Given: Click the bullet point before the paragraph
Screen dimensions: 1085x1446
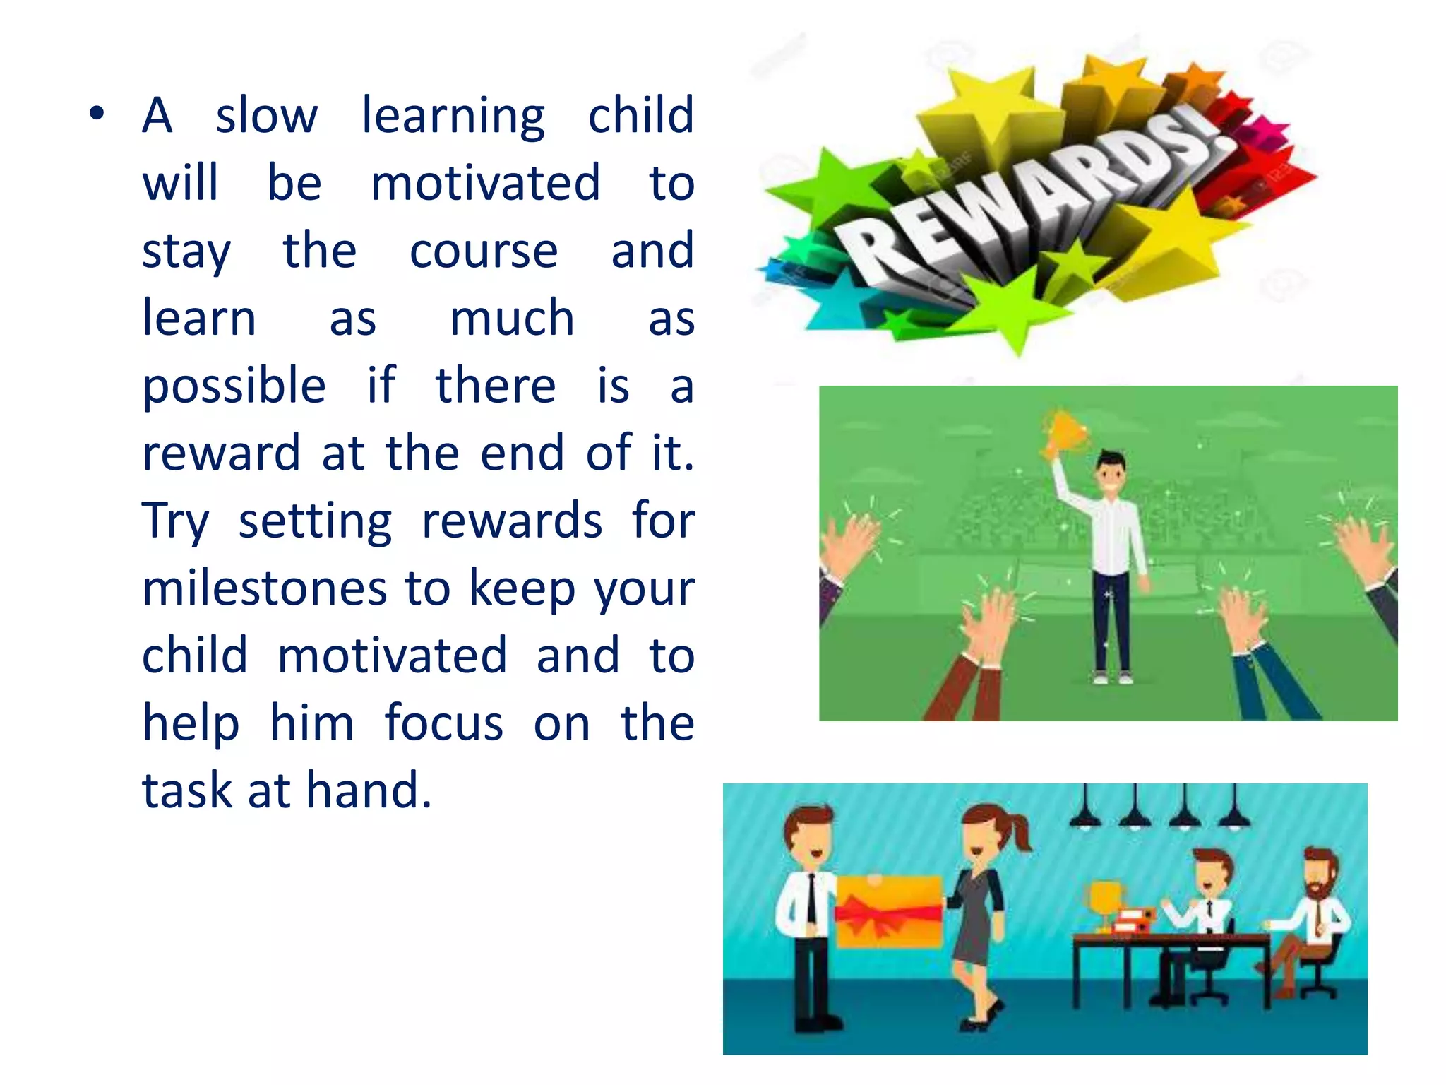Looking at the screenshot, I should [x=97, y=115].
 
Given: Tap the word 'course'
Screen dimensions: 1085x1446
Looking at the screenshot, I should [x=484, y=251].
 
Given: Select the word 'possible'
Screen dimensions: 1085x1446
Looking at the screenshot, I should [x=234, y=387].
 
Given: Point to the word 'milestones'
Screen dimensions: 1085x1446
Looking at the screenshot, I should [x=265, y=589].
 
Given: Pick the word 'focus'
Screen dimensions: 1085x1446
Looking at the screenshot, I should [x=444, y=723].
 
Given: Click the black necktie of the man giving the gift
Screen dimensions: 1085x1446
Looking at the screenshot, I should [x=812, y=901].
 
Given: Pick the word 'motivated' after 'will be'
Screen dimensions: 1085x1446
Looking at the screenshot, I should [x=486, y=183].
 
